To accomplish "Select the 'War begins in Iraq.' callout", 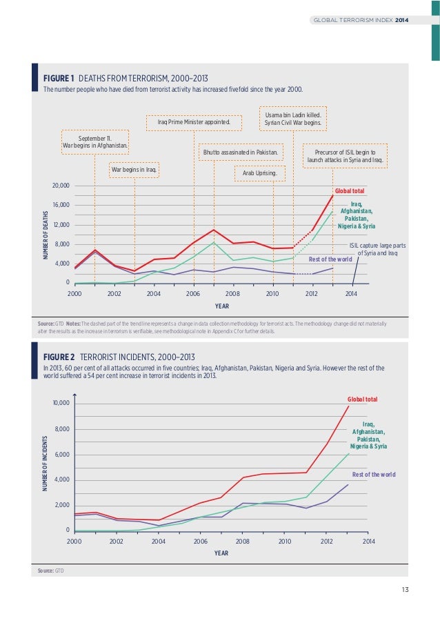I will (x=134, y=169).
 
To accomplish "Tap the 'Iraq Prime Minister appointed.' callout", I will (x=194, y=123).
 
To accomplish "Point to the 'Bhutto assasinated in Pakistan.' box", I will (x=240, y=152).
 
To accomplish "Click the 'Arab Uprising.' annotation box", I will (x=259, y=173).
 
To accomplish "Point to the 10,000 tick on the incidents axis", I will (x=61, y=403).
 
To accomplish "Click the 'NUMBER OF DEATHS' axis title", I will (x=46, y=235).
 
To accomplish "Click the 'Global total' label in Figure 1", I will (x=350, y=190).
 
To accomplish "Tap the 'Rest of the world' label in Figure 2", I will (x=373, y=475).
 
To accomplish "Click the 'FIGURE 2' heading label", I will (x=59, y=357).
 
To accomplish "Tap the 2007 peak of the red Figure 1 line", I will (x=214, y=230).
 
